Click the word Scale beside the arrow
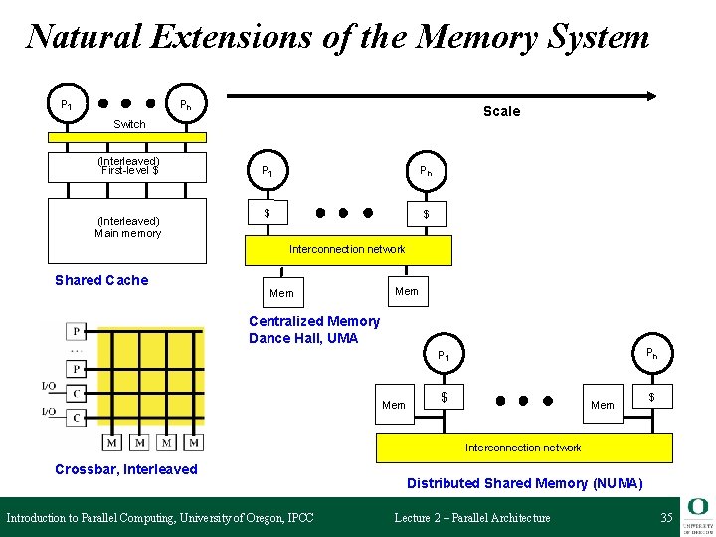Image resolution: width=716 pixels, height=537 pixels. pos(501,111)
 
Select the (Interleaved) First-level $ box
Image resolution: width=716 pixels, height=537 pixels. pos(129,166)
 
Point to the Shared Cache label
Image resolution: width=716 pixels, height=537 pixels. pos(101,280)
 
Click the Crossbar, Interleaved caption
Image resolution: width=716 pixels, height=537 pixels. pos(126,469)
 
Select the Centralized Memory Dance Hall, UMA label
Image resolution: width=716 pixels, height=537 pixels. pos(313,329)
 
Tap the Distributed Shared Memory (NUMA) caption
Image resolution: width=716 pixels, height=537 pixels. pos(524,483)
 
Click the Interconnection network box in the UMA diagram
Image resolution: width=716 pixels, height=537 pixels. pos(348,249)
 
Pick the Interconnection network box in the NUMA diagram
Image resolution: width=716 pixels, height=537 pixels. pos(523,447)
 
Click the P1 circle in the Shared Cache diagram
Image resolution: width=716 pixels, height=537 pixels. pos(67,104)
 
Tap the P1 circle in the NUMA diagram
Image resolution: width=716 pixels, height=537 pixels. pos(445,356)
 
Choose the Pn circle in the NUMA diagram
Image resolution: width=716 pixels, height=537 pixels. pos(651,353)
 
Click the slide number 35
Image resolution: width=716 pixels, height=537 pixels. pos(666,517)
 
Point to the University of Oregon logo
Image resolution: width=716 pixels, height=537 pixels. pos(697,513)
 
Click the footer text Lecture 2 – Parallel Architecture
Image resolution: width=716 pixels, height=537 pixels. pos(471,517)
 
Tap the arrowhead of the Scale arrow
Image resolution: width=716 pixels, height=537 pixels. pos(651,96)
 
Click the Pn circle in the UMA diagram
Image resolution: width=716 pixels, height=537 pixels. pos(425,171)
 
